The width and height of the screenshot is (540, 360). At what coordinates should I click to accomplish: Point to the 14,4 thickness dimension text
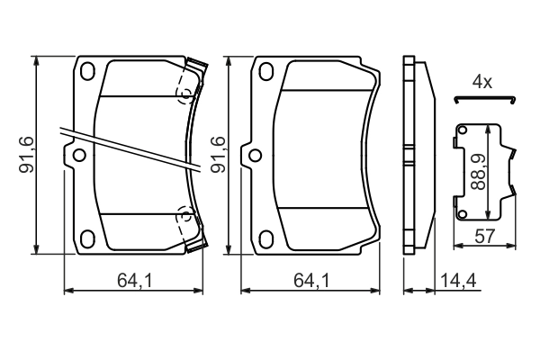(459, 283)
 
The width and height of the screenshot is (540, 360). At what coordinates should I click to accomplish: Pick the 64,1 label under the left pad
(131, 283)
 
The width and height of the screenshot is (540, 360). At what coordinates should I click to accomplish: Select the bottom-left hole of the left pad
(87, 238)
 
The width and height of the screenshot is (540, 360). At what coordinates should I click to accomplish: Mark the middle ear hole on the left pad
(78, 156)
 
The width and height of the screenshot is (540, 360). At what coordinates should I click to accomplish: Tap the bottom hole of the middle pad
(266, 238)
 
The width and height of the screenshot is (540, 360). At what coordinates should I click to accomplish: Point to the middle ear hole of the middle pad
(257, 156)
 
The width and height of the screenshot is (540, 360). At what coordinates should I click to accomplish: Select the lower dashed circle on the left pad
(184, 216)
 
